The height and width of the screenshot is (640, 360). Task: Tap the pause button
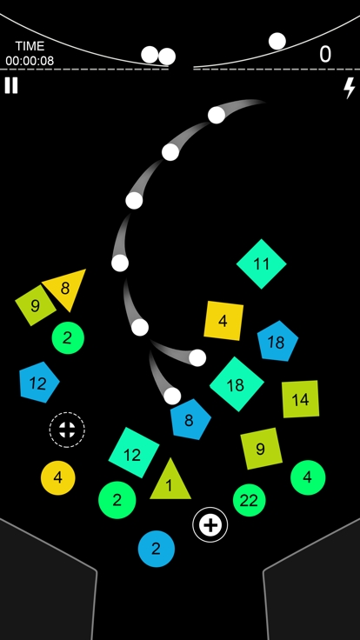[11, 86]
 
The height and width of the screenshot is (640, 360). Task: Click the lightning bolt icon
[350, 88]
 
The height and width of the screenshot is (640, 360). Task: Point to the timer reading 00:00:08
[30, 61]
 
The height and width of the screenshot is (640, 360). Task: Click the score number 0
[325, 54]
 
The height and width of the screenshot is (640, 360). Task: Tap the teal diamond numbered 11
[261, 264]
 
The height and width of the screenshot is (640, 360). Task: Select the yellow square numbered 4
[223, 320]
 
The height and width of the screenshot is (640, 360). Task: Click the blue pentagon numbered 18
[277, 342]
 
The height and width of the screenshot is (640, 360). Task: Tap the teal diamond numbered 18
[237, 384]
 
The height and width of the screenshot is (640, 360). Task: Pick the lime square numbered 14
[300, 399]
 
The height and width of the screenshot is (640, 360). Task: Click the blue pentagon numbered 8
[190, 420]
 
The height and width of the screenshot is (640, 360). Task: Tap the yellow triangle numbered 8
[67, 289]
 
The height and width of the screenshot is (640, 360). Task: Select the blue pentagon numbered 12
[38, 383]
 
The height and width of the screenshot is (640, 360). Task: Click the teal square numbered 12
[133, 452]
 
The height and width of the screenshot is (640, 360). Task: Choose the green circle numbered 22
[249, 500]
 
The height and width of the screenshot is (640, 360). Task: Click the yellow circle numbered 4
[58, 478]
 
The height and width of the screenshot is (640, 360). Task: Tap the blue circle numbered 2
[157, 549]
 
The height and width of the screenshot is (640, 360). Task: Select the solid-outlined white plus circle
[210, 525]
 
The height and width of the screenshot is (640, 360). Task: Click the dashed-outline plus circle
[67, 430]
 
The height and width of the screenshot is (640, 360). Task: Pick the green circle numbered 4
[308, 477]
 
